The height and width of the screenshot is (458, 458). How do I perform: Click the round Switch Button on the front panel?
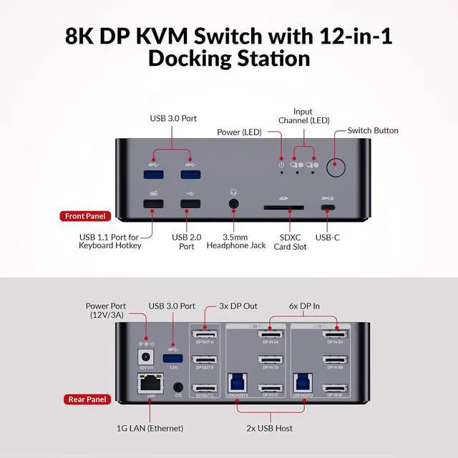tap(336, 168)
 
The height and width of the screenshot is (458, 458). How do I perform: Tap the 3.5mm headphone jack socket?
tap(234, 205)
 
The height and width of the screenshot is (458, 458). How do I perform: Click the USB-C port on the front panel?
tap(328, 208)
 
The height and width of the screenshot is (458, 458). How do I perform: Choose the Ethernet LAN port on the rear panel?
tap(152, 385)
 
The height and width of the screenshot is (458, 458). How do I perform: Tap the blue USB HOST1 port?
tap(238, 385)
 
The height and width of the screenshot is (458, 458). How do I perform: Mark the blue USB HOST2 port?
tap(303, 385)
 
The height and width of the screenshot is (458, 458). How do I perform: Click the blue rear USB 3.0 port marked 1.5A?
tap(171, 357)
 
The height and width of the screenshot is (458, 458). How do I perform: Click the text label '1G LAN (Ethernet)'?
tap(150, 428)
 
